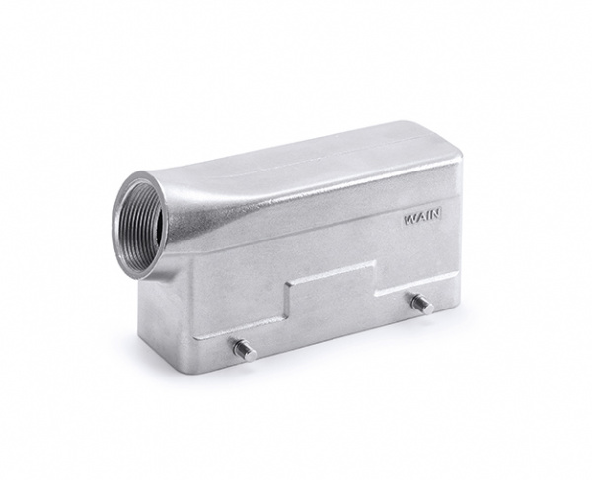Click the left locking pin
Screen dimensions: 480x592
pyautogui.click(x=243, y=348)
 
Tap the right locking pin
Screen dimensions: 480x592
pyautogui.click(x=421, y=303)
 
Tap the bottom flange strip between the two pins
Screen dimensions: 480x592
pyautogui.click(x=335, y=330)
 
